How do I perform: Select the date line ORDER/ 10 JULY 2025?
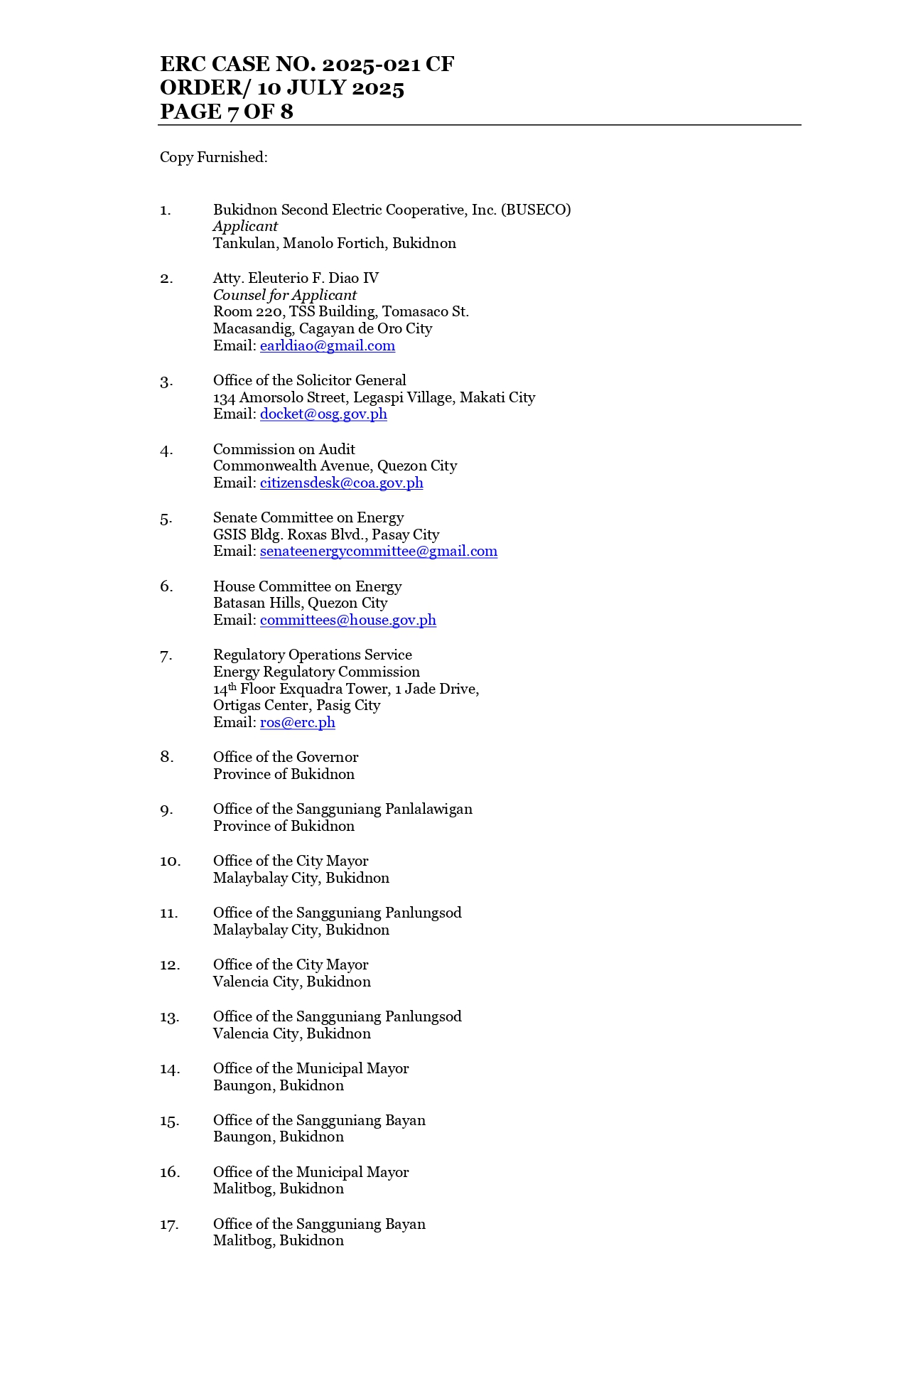(282, 88)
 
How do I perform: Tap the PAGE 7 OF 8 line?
(226, 112)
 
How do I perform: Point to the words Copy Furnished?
(213, 157)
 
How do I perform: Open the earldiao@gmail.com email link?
(327, 345)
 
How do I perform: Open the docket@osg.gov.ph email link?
(323, 414)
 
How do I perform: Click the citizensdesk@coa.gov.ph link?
(341, 483)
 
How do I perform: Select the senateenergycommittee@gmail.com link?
(378, 551)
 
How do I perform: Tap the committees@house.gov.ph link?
(347, 620)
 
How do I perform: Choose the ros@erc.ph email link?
(297, 722)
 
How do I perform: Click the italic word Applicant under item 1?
(245, 226)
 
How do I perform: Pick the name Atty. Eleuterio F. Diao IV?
(296, 278)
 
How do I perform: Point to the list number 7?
(166, 655)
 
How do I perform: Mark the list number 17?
(168, 1224)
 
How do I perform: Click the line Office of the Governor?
(286, 757)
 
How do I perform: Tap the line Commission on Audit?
(284, 449)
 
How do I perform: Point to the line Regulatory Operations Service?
(312, 655)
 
